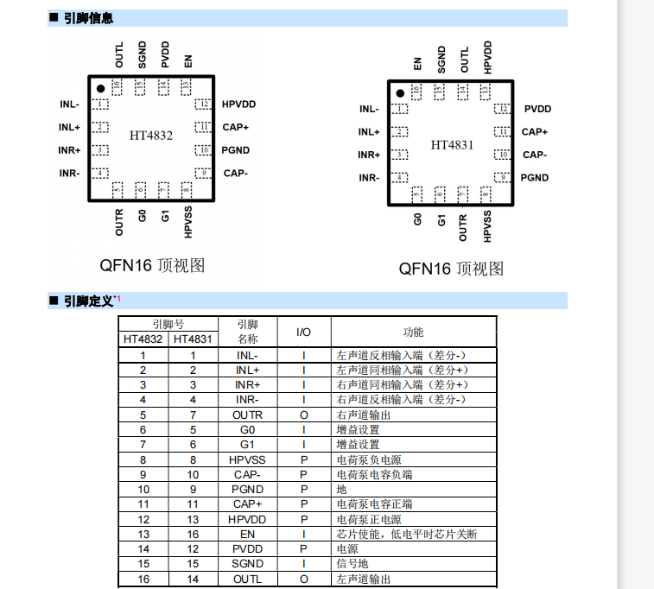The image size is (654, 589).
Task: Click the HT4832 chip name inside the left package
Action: [x=151, y=136]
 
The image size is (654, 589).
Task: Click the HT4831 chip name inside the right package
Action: [x=452, y=144]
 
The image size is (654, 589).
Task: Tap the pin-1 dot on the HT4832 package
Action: [x=100, y=88]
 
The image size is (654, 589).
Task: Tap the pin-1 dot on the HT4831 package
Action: [x=400, y=93]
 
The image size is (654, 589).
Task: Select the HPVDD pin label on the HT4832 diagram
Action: [x=238, y=104]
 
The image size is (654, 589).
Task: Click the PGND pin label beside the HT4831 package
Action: [x=535, y=178]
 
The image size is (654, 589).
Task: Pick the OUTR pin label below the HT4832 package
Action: [x=119, y=222]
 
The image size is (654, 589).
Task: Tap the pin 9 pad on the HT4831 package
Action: [x=501, y=178]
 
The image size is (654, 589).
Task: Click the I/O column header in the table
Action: [x=304, y=332]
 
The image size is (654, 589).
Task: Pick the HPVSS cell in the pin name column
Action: [x=247, y=460]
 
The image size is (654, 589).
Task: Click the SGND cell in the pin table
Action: [x=247, y=564]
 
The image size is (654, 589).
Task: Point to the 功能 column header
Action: [x=413, y=332]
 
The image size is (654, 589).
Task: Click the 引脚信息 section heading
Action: [x=88, y=18]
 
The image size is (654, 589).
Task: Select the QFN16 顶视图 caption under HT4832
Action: [x=151, y=265]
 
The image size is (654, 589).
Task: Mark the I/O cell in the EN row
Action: [x=304, y=535]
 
